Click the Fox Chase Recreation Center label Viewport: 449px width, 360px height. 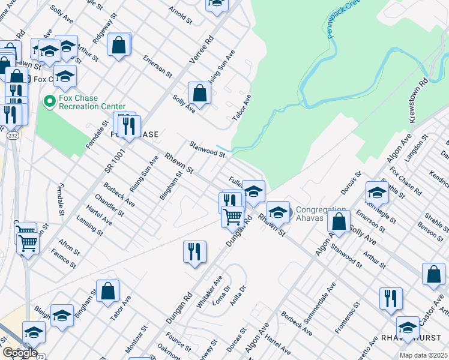click(92, 103)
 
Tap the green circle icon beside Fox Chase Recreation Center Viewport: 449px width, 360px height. click(49, 103)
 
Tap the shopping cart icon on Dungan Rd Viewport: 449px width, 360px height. click(232, 215)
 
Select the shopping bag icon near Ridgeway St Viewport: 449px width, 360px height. click(119, 44)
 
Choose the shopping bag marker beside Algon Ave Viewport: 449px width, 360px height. click(339, 220)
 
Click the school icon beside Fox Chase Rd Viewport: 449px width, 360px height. click(377, 192)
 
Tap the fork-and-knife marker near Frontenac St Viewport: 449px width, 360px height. click(391, 298)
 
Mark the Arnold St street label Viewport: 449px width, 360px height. click(180, 16)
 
